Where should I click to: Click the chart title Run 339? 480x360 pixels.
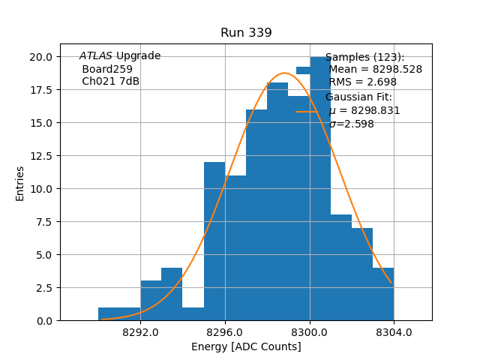pyautogui.click(x=246, y=33)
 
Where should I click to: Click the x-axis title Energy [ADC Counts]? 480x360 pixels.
pyautogui.click(x=246, y=346)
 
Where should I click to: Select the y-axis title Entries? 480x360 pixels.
pyautogui.click(x=20, y=183)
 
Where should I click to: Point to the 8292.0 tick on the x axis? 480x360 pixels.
pyautogui.click(x=140, y=331)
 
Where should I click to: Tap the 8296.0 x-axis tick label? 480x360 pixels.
pyautogui.click(x=225, y=331)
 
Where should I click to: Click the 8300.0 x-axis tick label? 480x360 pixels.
pyautogui.click(x=310, y=331)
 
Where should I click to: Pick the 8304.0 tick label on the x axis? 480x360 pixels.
pyautogui.click(x=394, y=331)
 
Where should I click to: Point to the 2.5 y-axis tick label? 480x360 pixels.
pyautogui.click(x=43, y=287)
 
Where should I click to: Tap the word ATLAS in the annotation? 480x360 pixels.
pyautogui.click(x=96, y=56)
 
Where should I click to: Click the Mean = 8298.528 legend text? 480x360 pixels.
pyautogui.click(x=375, y=70)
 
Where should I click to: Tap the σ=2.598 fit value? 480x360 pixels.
pyautogui.click(x=351, y=124)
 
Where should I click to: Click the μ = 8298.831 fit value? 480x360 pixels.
pyautogui.click(x=364, y=111)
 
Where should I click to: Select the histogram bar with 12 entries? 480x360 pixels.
pyautogui.click(x=214, y=240)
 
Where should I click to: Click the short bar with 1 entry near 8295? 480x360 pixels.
pyautogui.click(x=193, y=314)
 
